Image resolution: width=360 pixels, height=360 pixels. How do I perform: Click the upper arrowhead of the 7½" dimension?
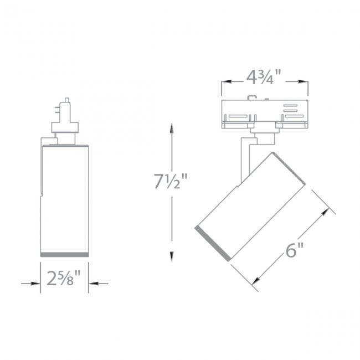pos(172,129)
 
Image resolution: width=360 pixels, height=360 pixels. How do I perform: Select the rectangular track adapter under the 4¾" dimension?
pos(264,114)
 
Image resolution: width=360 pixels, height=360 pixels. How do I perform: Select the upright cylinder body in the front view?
pos(65,194)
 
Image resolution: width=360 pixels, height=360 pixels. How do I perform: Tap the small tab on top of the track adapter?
pos(253,100)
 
